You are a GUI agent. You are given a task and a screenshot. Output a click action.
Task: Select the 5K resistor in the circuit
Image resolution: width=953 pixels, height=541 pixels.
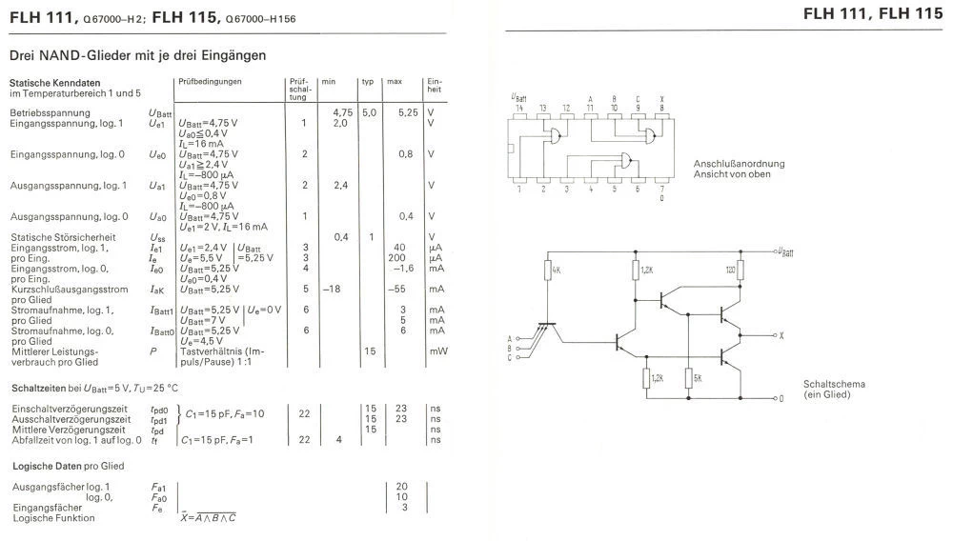pos(686,378)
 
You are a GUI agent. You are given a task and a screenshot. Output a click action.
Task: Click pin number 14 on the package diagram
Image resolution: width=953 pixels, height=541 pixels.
pos(519,107)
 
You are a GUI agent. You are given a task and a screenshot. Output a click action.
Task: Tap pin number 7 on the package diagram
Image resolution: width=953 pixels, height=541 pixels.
pos(661,189)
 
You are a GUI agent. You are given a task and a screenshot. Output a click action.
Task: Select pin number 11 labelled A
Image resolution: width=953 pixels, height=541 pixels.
pos(591,107)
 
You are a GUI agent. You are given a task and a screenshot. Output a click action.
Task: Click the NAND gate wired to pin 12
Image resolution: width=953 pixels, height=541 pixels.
pos(552,138)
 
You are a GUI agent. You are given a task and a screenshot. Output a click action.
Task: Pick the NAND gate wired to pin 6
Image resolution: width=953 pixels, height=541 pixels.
pos(624,159)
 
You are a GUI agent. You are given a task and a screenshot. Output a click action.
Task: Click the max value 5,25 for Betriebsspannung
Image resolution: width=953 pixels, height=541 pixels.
pos(408,112)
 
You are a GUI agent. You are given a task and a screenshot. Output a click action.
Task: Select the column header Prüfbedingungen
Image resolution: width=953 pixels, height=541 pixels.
pos(210,82)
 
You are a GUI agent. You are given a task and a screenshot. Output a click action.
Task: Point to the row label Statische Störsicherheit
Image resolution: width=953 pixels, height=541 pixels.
pos(63,236)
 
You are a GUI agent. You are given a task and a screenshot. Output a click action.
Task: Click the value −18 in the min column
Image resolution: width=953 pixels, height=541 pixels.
pos(332,289)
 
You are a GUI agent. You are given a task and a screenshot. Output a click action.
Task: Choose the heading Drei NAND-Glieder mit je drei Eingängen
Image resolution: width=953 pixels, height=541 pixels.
pos(137,56)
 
